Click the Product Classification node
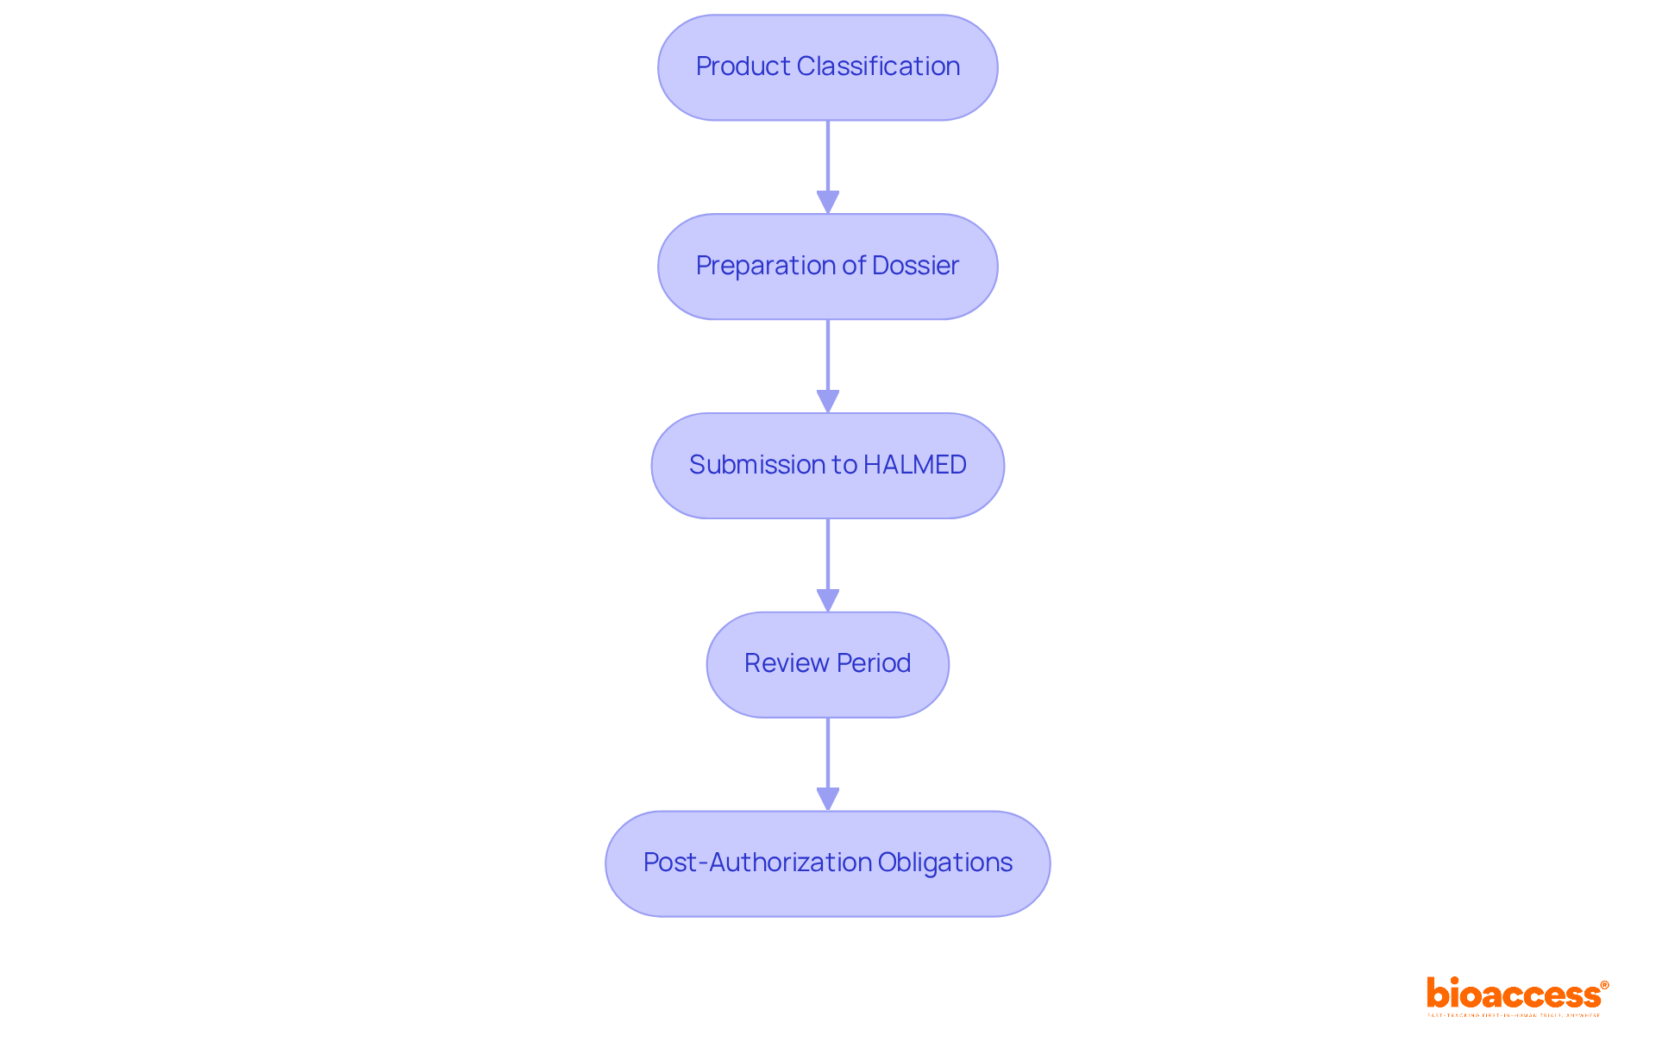coord(827,67)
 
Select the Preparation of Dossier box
coord(827,267)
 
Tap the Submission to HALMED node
coord(827,466)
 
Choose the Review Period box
coord(827,664)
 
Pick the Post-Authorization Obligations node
coord(827,863)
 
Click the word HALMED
coord(914,465)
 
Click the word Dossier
coord(915,266)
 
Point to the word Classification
coord(878,66)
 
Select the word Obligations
coord(945,863)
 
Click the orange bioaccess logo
coord(1513,994)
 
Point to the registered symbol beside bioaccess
coord(1604,985)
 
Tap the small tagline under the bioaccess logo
coord(1513,1015)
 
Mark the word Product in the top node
coord(743,66)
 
